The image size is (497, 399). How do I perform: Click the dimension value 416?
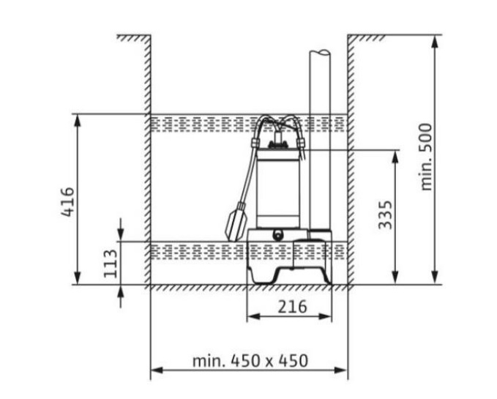68,202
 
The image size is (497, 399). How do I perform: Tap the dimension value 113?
111,264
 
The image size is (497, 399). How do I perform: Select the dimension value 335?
386,215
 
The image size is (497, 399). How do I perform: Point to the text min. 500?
426,157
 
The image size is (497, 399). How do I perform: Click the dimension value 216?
292,307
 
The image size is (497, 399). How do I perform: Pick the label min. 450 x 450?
250,361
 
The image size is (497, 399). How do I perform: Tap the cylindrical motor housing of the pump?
278,189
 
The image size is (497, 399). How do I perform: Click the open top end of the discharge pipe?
320,53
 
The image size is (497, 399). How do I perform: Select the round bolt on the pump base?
278,236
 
